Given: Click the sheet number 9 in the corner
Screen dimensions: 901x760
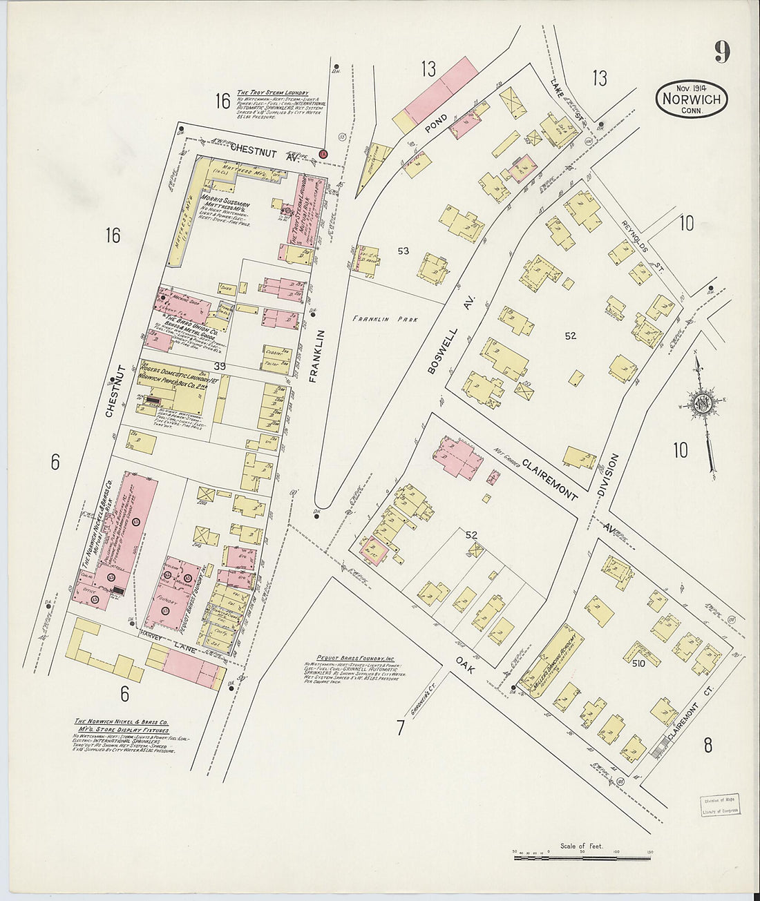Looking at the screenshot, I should tap(722, 52).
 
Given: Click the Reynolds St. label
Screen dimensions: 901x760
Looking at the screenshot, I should tap(634, 235).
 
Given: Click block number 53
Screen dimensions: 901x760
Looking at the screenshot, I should tap(403, 251).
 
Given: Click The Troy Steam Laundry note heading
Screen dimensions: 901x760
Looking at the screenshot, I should tap(272, 93).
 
